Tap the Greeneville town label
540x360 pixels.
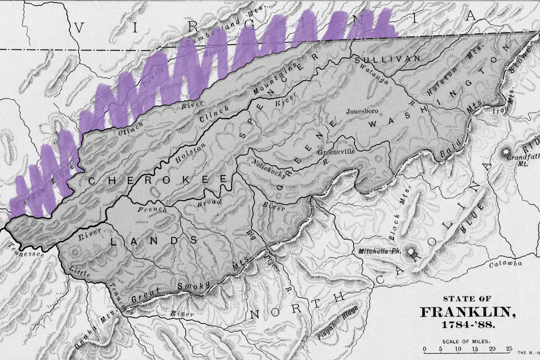(337, 152)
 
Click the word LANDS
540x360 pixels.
(154, 241)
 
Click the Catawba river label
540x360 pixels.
(505, 263)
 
